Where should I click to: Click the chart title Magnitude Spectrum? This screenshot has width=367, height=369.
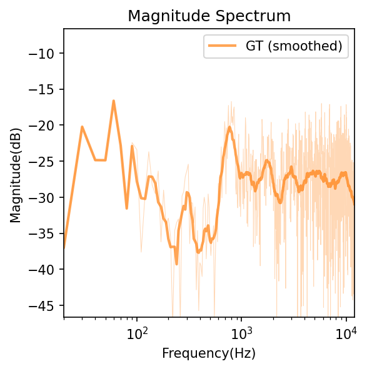209,16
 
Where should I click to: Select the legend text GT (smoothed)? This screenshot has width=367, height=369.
294,46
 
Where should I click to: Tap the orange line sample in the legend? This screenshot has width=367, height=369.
222,46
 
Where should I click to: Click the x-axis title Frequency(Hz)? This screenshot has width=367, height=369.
209,353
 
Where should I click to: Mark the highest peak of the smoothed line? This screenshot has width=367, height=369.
114,101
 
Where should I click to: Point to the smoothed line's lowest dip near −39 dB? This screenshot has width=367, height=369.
176,263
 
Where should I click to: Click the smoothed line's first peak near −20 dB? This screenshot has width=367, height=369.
82,127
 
